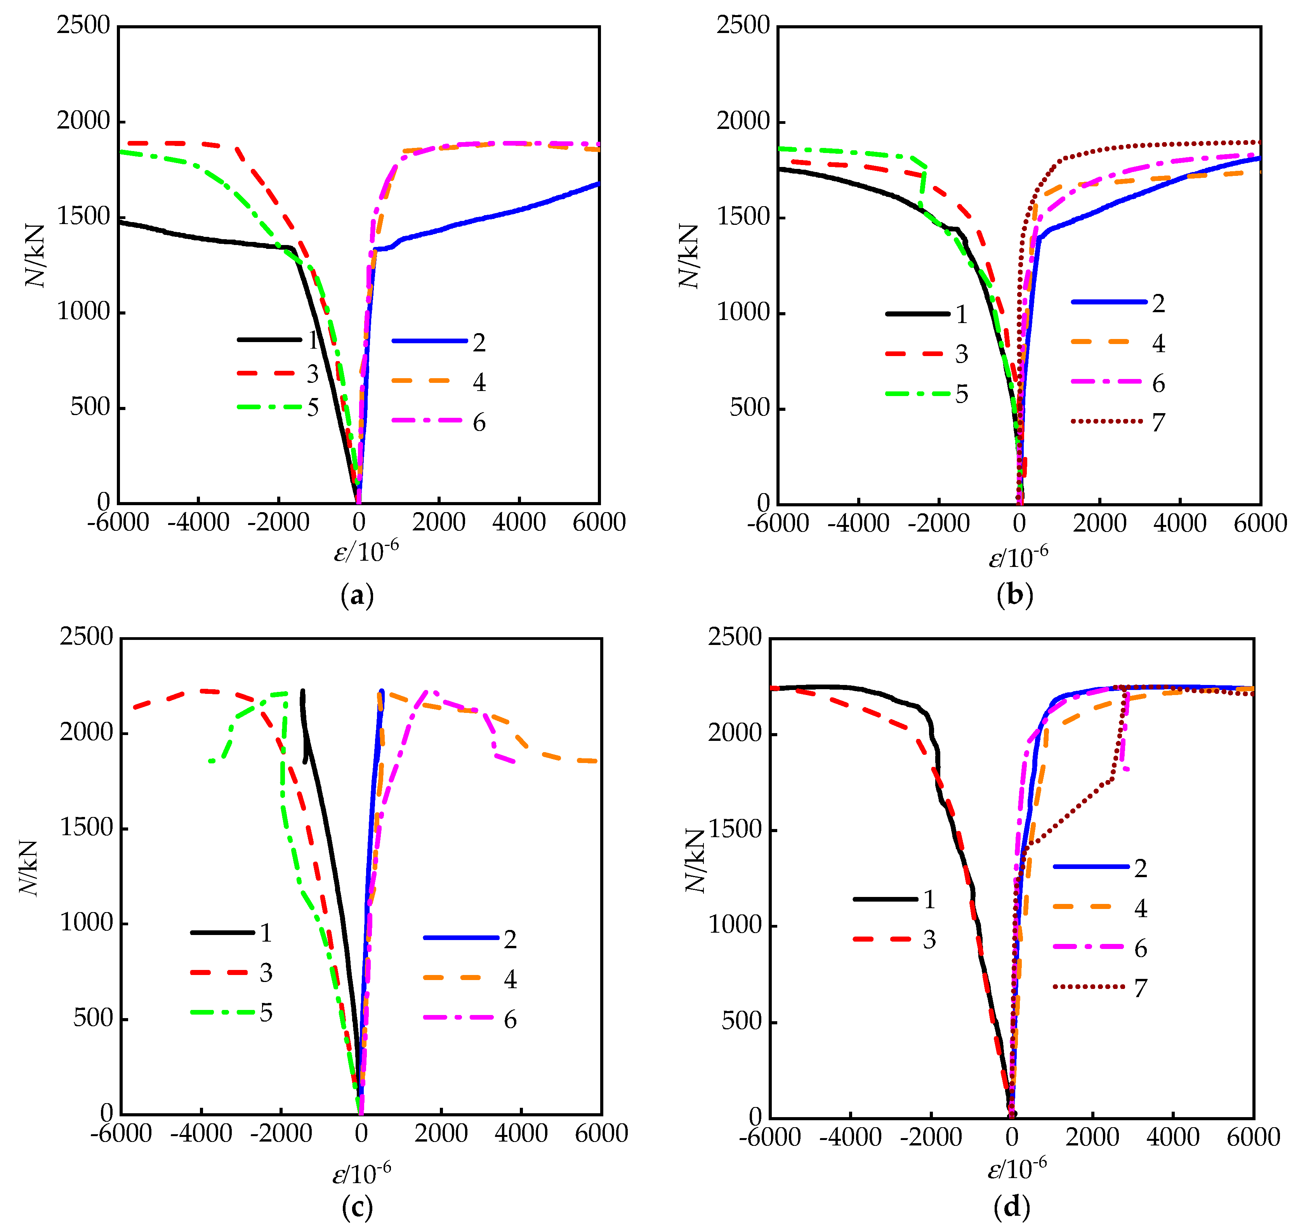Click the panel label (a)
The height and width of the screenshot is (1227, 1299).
pyautogui.click(x=357, y=596)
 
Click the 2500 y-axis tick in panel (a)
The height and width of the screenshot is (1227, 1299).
pyautogui.click(x=83, y=26)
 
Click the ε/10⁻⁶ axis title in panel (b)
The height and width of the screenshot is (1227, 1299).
pyautogui.click(x=1018, y=556)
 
